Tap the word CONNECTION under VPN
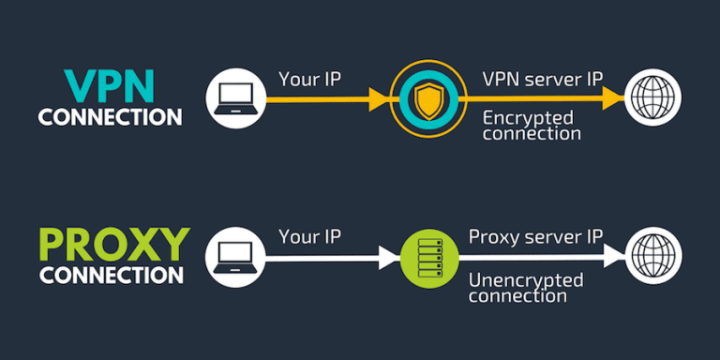[111, 117]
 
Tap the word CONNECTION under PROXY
[111, 276]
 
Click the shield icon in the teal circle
[426, 97]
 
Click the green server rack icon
[426, 254]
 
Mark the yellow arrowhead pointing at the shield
[380, 97]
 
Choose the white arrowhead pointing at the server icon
[385, 254]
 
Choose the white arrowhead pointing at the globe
[613, 254]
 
